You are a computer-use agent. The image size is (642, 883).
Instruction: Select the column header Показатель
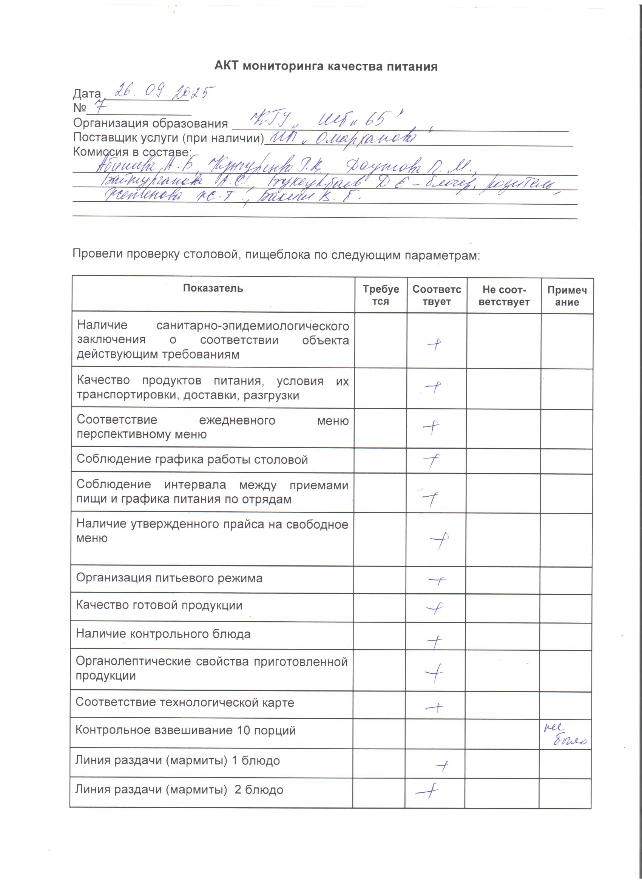[213, 288]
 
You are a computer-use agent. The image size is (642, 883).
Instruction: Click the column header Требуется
[380, 295]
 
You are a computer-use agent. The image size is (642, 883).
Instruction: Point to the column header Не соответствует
[504, 295]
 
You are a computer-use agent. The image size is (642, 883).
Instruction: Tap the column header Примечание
[567, 296]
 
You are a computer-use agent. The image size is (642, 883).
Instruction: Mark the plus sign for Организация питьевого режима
[437, 581]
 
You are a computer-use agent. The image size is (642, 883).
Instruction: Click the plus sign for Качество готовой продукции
[435, 608]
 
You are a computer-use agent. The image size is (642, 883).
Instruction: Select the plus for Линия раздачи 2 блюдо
[427, 791]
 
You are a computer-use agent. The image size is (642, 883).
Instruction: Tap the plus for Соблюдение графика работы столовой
[431, 461]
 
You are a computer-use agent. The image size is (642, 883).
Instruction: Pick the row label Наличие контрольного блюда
[163, 634]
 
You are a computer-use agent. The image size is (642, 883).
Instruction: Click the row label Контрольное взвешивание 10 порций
[185, 730]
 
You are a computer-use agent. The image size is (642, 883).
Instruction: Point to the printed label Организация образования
[150, 123]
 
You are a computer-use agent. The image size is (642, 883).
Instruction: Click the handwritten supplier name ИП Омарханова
[343, 137]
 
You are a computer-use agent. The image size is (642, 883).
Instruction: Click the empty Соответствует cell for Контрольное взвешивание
[435, 733]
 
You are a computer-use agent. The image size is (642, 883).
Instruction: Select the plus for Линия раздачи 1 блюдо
[442, 766]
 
